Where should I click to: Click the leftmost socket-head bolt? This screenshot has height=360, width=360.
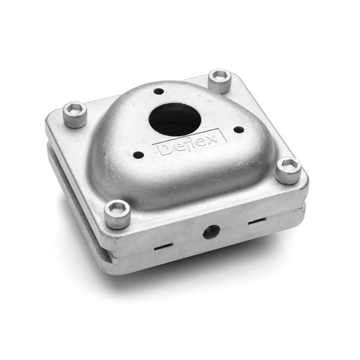(75, 114)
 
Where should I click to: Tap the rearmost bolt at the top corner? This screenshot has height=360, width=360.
(219, 81)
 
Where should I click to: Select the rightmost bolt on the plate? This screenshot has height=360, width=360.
(289, 170)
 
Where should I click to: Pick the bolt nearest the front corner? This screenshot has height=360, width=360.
(117, 214)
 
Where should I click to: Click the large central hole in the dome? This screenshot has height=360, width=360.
(175, 119)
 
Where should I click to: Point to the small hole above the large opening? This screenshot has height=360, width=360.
(159, 91)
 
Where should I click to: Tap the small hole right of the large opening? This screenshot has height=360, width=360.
(239, 130)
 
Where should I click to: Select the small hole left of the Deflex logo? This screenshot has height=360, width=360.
(138, 155)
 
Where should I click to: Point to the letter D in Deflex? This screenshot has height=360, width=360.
(163, 150)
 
